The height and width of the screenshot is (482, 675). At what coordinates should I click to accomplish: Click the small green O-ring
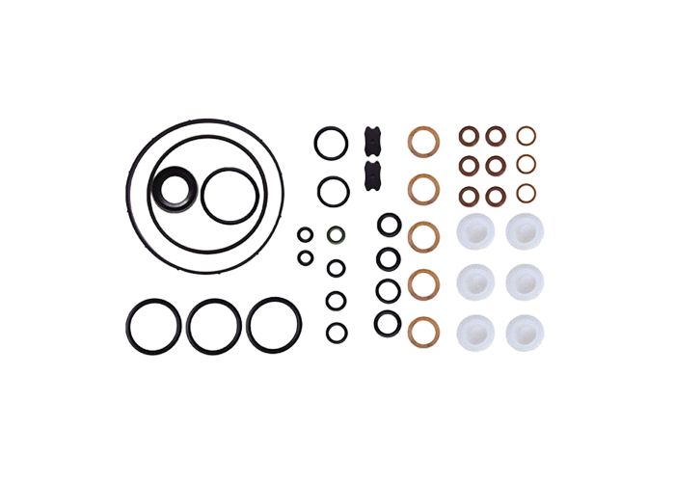pyautogui.click(x=336, y=233)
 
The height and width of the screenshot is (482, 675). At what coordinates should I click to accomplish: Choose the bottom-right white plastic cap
pyautogui.click(x=522, y=329)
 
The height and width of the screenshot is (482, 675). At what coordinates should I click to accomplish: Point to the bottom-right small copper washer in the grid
pyautogui.click(x=526, y=195)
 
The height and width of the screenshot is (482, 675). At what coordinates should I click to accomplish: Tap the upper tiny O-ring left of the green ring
pyautogui.click(x=305, y=234)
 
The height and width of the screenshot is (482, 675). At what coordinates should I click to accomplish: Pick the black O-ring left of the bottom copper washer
pyautogui.click(x=387, y=322)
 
